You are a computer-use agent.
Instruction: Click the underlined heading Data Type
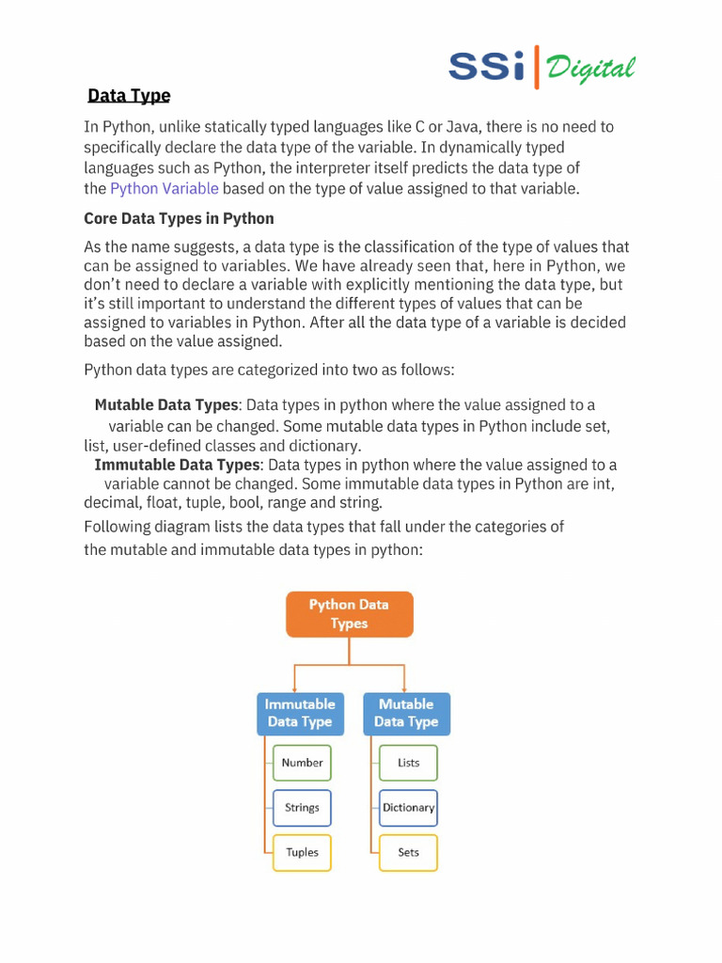tap(129, 96)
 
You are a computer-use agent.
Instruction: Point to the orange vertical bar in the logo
tap(537, 66)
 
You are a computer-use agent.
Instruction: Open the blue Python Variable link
tap(165, 188)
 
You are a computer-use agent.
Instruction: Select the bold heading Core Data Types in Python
tap(179, 218)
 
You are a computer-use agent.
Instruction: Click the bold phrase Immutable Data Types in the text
tap(176, 465)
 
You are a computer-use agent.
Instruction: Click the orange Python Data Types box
tap(349, 614)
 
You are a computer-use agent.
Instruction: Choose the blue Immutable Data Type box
tap(300, 713)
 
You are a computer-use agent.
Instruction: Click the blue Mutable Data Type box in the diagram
tap(406, 713)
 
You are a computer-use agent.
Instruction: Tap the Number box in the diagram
tap(302, 763)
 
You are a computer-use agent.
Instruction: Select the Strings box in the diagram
tap(302, 808)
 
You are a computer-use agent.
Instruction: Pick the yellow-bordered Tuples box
tap(302, 853)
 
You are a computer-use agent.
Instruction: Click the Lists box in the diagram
tap(408, 763)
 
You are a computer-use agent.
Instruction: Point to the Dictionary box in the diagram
tap(408, 808)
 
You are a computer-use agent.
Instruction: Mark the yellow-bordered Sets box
tap(408, 853)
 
